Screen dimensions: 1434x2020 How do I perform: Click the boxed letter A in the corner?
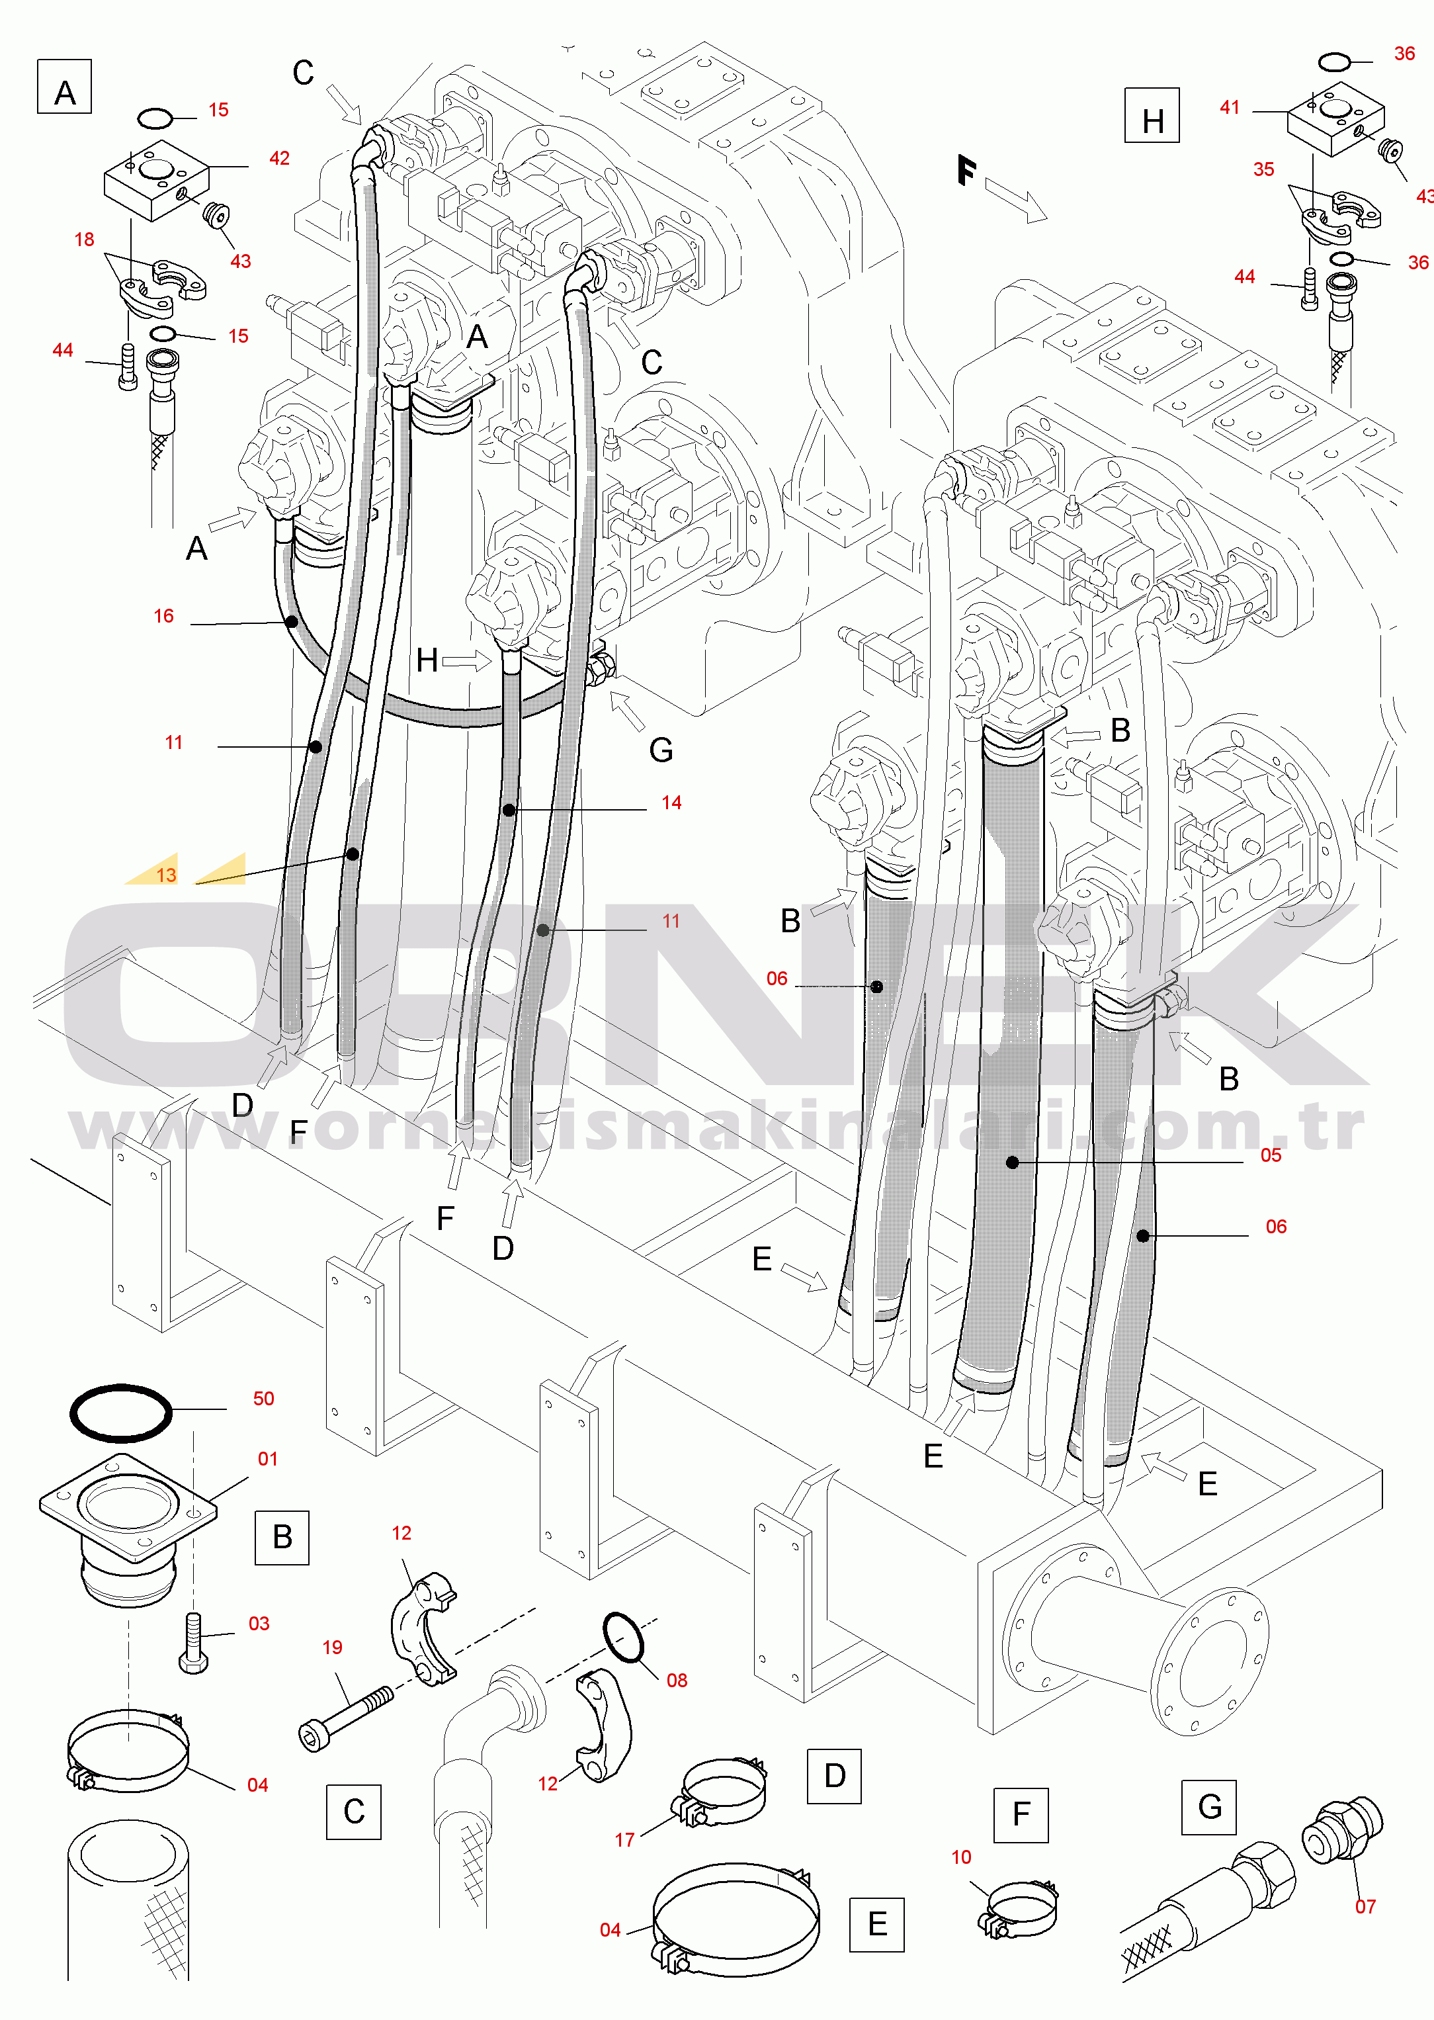64,87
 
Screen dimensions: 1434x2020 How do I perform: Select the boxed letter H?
1152,115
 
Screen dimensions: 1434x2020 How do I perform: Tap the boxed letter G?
1209,1807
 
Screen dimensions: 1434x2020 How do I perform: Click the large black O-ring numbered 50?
121,1413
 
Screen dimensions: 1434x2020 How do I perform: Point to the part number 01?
267,1459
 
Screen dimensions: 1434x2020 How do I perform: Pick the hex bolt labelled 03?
193,1643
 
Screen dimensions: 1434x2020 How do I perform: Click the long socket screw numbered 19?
346,1718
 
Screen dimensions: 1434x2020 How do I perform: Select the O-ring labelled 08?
623,1637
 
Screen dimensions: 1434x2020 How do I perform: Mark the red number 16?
163,615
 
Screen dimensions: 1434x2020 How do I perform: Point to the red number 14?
671,802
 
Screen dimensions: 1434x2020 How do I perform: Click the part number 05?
1271,1155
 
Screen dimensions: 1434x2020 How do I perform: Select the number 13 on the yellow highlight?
166,875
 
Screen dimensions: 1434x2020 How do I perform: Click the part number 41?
1230,107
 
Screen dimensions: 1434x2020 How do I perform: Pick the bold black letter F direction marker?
967,171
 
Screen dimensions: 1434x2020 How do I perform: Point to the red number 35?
1263,169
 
